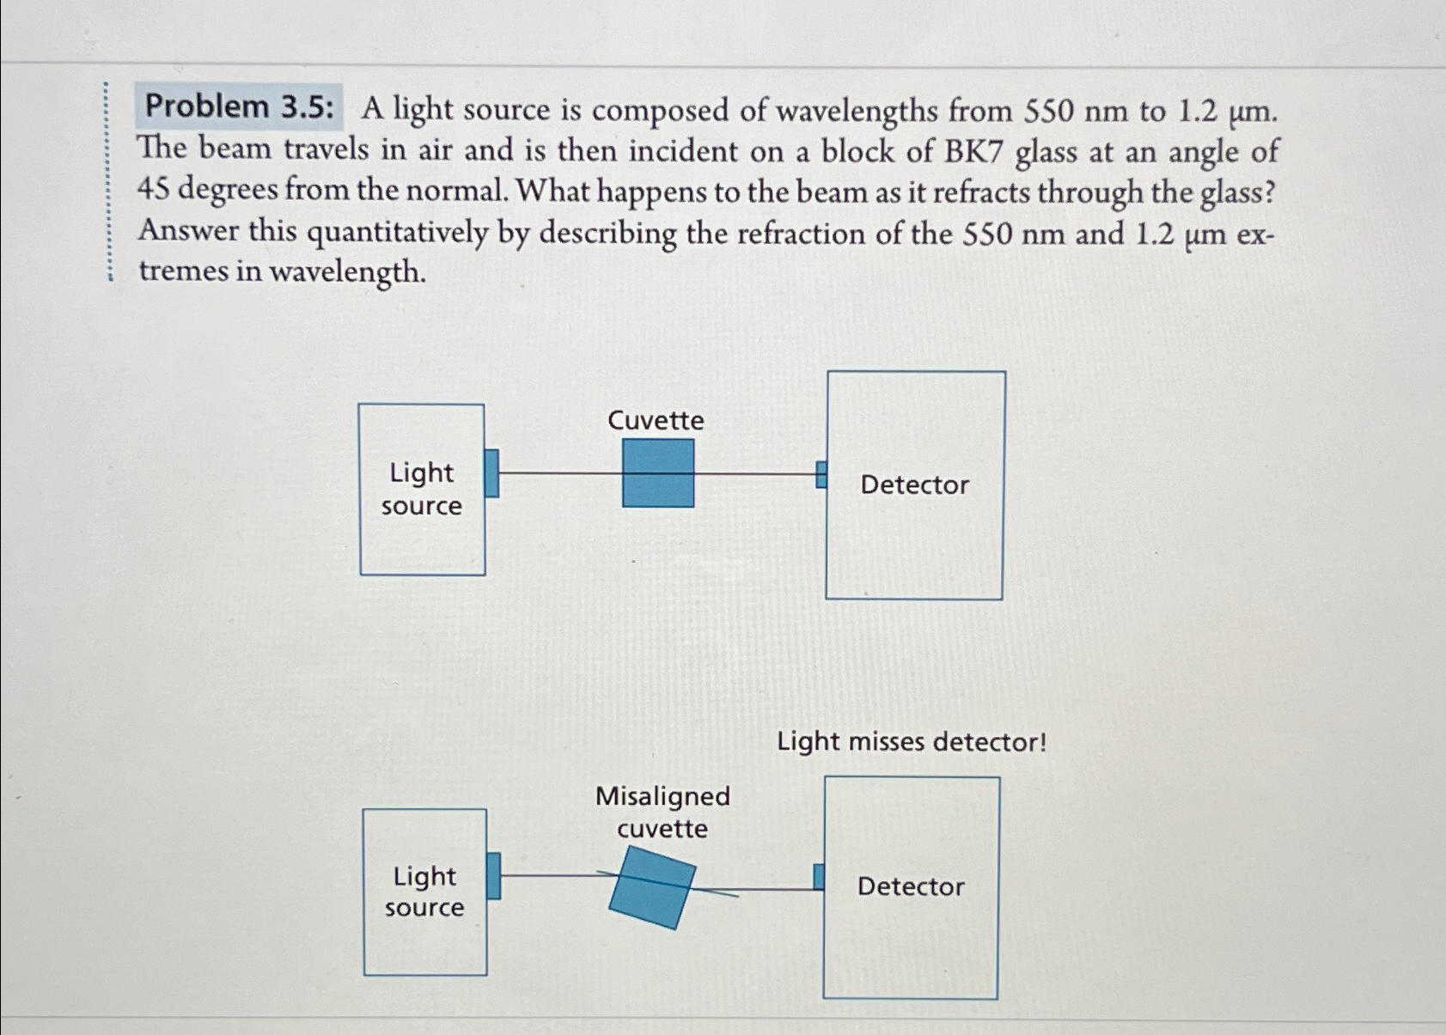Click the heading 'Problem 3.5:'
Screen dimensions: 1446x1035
pyautogui.click(x=239, y=107)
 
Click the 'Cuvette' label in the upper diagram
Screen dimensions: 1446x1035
pyautogui.click(x=656, y=420)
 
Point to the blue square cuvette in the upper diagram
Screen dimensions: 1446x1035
pyautogui.click(x=658, y=473)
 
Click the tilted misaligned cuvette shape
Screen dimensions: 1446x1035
pyautogui.click(x=652, y=887)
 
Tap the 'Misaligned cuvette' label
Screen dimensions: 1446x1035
pyautogui.click(x=662, y=812)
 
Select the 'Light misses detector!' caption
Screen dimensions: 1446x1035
pyautogui.click(x=912, y=741)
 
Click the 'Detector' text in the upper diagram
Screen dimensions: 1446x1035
pyautogui.click(x=914, y=484)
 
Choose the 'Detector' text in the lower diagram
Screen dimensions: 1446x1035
pyautogui.click(x=911, y=886)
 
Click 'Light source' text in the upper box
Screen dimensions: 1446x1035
pyautogui.click(x=421, y=489)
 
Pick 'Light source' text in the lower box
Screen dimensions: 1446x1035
pyautogui.click(x=424, y=892)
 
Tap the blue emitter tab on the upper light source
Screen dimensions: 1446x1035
pyautogui.click(x=491, y=473)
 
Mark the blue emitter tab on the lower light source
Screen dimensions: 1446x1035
pyautogui.click(x=493, y=876)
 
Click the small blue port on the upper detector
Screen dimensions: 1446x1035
pyautogui.click(x=821, y=474)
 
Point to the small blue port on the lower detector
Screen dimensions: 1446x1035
pyautogui.click(x=819, y=877)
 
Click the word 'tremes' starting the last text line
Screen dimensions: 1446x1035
pyautogui.click(x=183, y=271)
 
